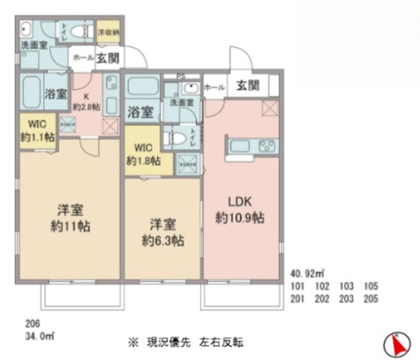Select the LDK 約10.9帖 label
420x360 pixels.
coord(239,210)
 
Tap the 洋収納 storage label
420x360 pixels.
coord(109,32)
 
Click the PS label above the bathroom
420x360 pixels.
coord(181,76)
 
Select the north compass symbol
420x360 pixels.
coord(397,344)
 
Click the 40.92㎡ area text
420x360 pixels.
coord(308,273)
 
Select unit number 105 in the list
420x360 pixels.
coord(371,287)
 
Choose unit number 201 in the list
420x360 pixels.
coord(298,299)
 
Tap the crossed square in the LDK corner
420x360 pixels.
coord(270,109)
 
